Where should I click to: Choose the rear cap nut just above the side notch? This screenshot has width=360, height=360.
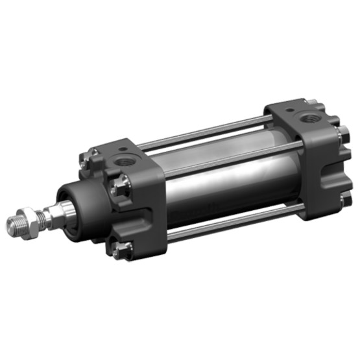341,136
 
